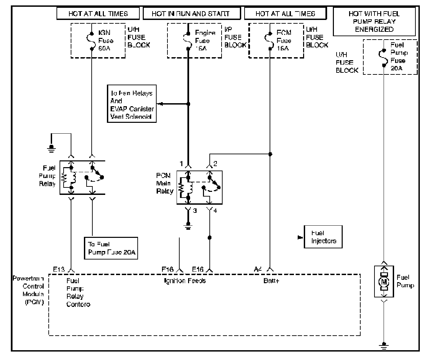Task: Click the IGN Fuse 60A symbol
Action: click(91, 41)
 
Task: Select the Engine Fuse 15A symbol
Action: click(188, 41)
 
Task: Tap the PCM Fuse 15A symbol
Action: click(270, 41)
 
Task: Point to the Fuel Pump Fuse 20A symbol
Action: click(384, 57)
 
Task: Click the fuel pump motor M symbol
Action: click(384, 282)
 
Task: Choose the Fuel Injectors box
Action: click(323, 237)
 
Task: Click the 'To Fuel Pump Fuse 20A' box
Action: click(111, 248)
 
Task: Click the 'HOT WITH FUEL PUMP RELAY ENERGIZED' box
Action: click(374, 22)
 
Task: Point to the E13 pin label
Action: click(59, 269)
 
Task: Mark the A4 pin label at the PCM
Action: click(258, 269)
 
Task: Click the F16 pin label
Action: click(167, 269)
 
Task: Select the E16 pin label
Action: click(198, 269)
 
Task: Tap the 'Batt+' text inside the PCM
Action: click(271, 280)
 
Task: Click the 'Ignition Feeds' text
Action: click(185, 280)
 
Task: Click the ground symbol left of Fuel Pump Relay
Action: click(51, 148)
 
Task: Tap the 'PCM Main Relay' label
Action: click(164, 183)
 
